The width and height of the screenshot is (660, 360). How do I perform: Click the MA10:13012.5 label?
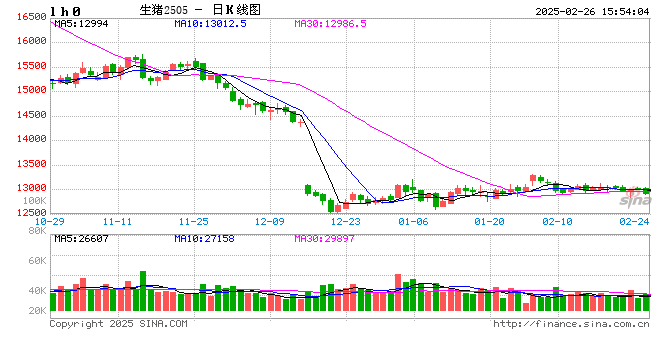[x=210, y=22]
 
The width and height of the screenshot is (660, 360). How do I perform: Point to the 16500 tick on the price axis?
[x=31, y=18]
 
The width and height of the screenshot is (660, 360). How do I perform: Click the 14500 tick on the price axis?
[x=31, y=115]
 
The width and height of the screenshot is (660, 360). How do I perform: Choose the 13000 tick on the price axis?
[x=31, y=188]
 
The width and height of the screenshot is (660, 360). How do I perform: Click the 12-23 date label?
[x=346, y=221]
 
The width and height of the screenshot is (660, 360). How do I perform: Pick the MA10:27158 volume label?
[x=204, y=239]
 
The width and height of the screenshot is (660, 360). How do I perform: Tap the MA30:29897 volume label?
[x=324, y=239]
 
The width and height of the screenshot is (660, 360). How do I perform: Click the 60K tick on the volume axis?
[x=36, y=262]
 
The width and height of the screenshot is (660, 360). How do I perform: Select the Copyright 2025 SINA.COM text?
[x=118, y=324]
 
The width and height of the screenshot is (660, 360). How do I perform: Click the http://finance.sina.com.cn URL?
[x=571, y=324]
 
